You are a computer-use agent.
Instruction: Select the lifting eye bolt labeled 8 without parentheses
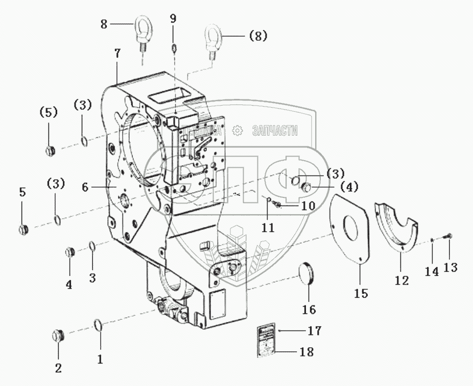coord(141,31)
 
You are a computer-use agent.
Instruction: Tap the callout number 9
coord(173,18)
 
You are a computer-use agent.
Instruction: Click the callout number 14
coord(432,271)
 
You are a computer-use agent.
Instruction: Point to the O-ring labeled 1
coord(99,325)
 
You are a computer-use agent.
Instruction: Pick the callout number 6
coord(85,187)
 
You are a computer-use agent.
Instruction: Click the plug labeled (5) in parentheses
coord(50,150)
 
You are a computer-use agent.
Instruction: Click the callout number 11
coord(269,227)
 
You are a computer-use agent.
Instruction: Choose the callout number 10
coord(308,207)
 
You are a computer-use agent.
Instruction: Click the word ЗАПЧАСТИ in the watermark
coord(275,131)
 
